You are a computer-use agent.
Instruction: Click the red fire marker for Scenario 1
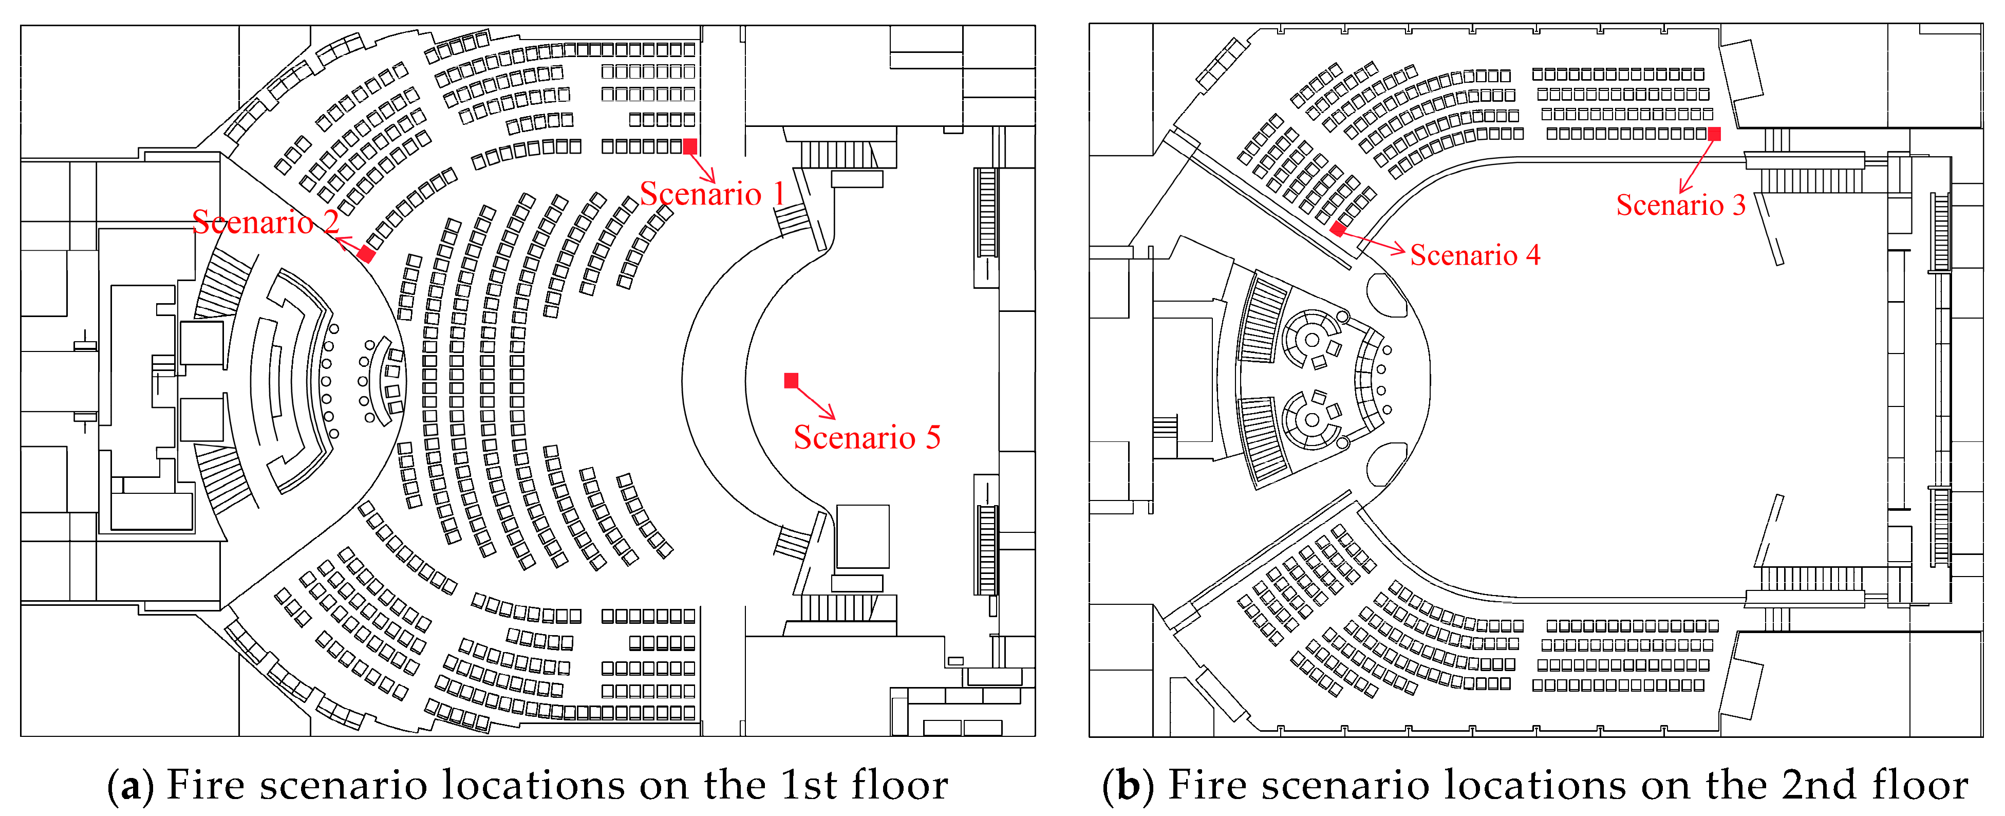pos(689,146)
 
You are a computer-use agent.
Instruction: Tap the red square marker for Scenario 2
pos(366,254)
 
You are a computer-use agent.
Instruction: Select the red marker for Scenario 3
pos(1714,134)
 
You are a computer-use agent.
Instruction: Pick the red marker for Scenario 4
pos(1337,229)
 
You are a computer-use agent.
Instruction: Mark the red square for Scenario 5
pos(791,380)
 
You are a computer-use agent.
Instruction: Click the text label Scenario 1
pos(711,194)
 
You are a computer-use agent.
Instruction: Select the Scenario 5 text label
pos(866,438)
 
